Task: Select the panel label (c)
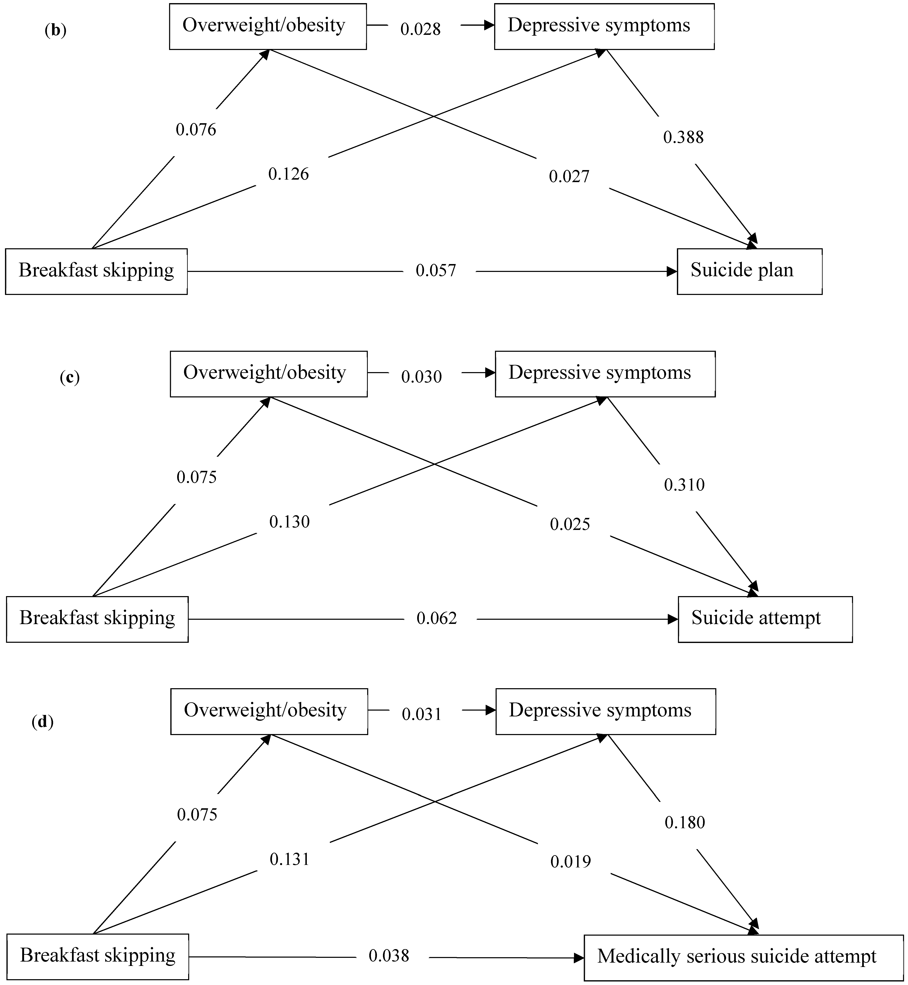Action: click(69, 378)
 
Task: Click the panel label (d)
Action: click(42, 722)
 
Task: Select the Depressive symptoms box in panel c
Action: click(605, 374)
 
